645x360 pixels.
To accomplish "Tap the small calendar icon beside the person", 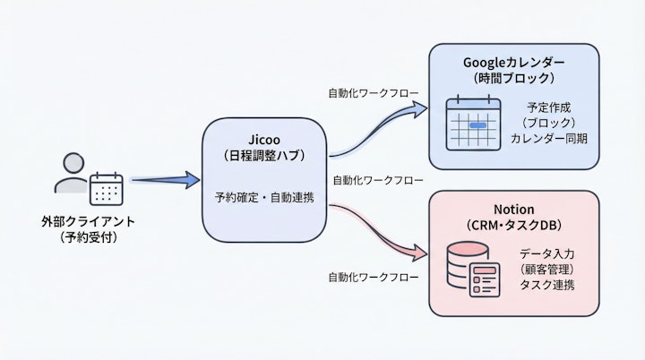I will tap(106, 188).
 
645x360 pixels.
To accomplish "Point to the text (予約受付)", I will tap(83, 237).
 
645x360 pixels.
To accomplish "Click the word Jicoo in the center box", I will tap(265, 139).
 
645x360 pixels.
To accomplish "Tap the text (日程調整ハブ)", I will tap(265, 156).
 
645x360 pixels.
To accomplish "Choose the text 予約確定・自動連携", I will tap(265, 196).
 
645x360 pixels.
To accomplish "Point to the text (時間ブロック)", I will tap(513, 80).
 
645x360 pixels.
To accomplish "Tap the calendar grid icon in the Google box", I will tap(473, 124).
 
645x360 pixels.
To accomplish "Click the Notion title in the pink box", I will tap(513, 208).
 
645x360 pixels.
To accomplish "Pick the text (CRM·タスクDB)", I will tap(513, 225).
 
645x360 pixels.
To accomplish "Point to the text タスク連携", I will tap(546, 285).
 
